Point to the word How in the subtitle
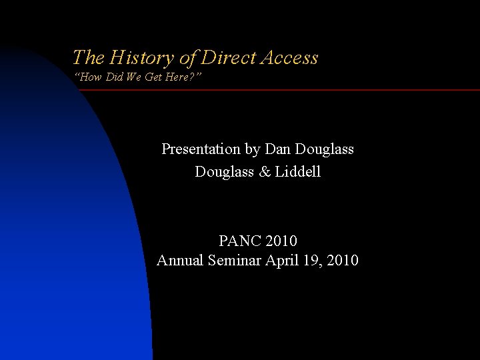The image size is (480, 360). (x=91, y=77)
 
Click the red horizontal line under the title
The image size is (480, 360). (x=280, y=89)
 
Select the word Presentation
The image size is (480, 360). (x=201, y=149)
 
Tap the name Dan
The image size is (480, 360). (x=278, y=149)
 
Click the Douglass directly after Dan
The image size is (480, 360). (x=324, y=149)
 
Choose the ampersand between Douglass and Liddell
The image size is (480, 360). (x=265, y=172)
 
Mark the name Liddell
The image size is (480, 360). (x=298, y=171)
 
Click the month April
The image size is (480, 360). (x=283, y=261)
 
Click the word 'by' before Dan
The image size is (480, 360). (x=253, y=150)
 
